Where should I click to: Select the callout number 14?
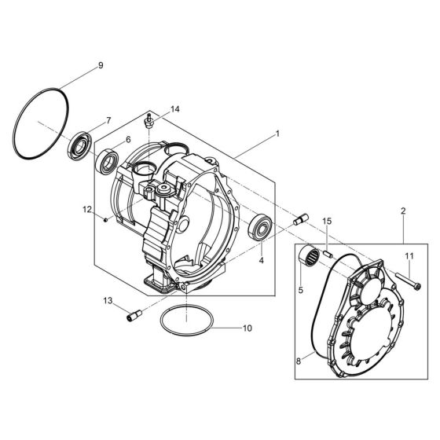tap(175, 109)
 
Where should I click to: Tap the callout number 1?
tap(277, 135)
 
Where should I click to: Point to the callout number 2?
tap(402, 212)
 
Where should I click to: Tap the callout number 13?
tap(108, 300)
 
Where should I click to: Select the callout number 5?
tap(299, 290)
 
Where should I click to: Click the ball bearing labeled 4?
tap(260, 227)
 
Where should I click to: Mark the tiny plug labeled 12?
tap(105, 219)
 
